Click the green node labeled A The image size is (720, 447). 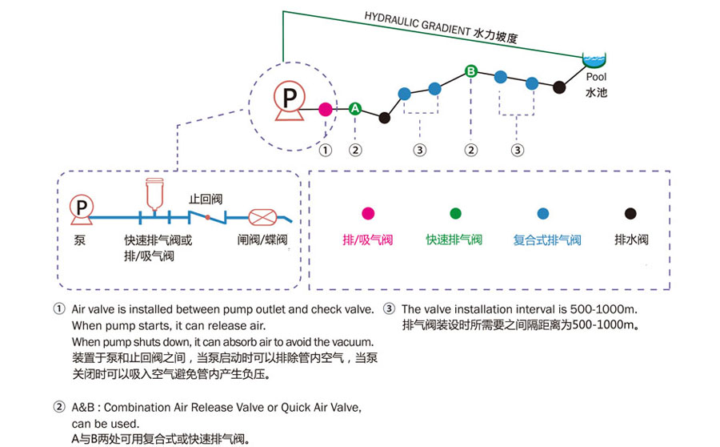(x=355, y=108)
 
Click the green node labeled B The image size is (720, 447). (x=471, y=71)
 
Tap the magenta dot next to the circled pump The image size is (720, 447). (x=325, y=108)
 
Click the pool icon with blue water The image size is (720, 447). (x=594, y=60)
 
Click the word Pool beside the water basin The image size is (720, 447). (x=596, y=78)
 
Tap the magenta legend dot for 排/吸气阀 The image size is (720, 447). (x=368, y=213)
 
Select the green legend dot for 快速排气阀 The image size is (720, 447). (x=455, y=213)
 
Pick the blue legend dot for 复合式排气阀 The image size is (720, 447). (x=543, y=213)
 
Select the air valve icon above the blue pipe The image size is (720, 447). (x=155, y=195)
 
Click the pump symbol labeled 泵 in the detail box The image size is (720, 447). (x=81, y=210)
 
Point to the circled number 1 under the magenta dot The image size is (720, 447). (x=325, y=149)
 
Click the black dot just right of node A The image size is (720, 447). (x=385, y=118)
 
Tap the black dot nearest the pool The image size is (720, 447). (x=559, y=87)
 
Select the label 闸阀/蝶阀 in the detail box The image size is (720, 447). (x=262, y=240)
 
